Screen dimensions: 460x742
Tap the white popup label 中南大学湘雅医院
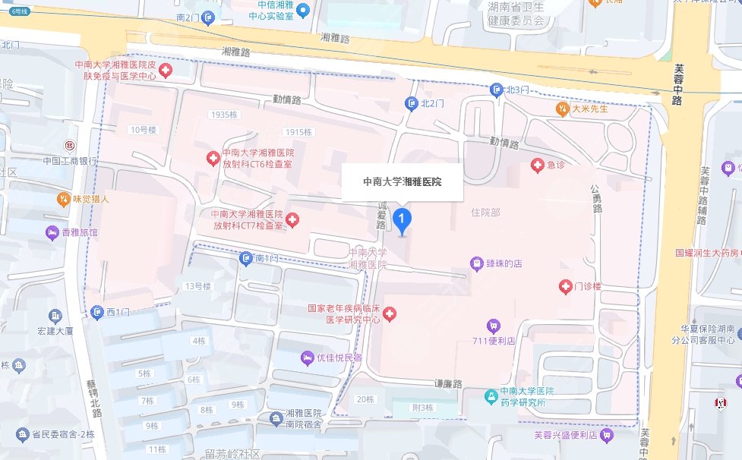pos(402,182)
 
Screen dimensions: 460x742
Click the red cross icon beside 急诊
pos(537,165)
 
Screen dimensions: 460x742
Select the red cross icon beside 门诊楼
pos(565,287)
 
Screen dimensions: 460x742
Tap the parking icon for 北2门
pos(412,103)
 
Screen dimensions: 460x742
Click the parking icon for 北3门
pos(497,90)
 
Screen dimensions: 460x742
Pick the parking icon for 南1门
pos(246,259)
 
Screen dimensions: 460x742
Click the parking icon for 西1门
pos(97,312)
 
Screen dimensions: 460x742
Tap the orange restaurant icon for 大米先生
pos(562,109)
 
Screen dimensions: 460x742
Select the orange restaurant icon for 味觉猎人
pos(65,200)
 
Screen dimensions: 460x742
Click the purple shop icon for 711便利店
pos(494,326)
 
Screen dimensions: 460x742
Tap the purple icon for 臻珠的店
pos(476,263)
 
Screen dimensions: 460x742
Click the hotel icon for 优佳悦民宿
pos(307,357)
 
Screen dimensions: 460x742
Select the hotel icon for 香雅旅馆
pos(52,232)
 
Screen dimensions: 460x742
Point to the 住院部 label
pos(486,213)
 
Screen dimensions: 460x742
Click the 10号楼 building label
pos(143,130)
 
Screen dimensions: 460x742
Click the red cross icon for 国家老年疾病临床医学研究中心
pos(390,313)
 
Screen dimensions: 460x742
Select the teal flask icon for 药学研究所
pos(492,396)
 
